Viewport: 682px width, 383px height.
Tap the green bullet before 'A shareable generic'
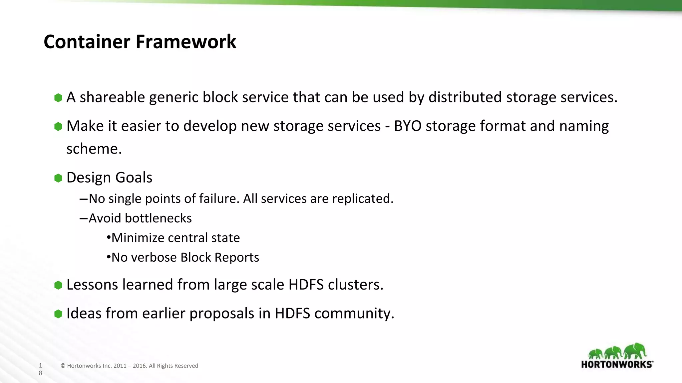click(58, 98)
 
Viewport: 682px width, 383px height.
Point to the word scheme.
click(94, 149)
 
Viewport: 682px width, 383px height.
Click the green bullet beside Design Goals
click(58, 178)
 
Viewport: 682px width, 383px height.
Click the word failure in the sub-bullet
click(219, 198)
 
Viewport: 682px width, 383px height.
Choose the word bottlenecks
click(158, 218)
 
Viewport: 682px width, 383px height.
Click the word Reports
click(237, 257)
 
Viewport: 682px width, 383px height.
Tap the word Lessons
click(92, 285)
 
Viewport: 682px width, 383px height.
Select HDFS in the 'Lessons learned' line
click(306, 285)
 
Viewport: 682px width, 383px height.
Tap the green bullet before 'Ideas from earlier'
click(58, 314)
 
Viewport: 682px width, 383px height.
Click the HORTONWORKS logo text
click(617, 364)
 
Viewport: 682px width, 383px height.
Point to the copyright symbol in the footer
click(63, 366)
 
